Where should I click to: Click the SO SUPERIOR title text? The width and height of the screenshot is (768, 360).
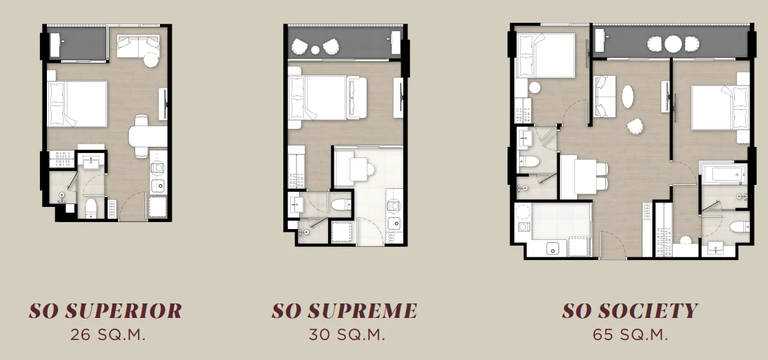click(x=105, y=310)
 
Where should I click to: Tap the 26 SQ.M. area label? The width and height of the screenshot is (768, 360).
click(x=108, y=334)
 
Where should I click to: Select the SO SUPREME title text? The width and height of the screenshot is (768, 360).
click(x=344, y=310)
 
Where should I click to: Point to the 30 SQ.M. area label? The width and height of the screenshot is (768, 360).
click(x=347, y=334)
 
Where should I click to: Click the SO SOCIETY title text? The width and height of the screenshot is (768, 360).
click(x=629, y=310)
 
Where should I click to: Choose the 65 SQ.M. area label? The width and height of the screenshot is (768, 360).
click(x=630, y=334)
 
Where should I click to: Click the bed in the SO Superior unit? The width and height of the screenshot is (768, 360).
click(x=77, y=104)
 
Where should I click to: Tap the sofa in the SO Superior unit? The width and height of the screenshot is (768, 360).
click(x=138, y=46)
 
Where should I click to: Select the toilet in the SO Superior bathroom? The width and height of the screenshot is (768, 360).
click(x=92, y=207)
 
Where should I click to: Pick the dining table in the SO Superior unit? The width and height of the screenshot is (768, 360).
click(x=148, y=136)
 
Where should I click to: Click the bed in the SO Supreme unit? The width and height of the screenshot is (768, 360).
click(x=327, y=98)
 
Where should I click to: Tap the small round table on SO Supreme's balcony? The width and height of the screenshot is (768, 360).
click(x=315, y=50)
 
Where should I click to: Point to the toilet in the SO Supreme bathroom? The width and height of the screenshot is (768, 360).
click(x=341, y=203)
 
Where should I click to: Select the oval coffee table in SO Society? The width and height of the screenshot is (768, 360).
click(x=628, y=97)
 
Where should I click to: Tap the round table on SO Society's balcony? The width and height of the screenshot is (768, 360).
click(x=673, y=44)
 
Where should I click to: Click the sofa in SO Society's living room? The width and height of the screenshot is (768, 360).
click(x=605, y=97)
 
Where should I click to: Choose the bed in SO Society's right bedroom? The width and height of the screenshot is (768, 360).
click(x=720, y=108)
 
